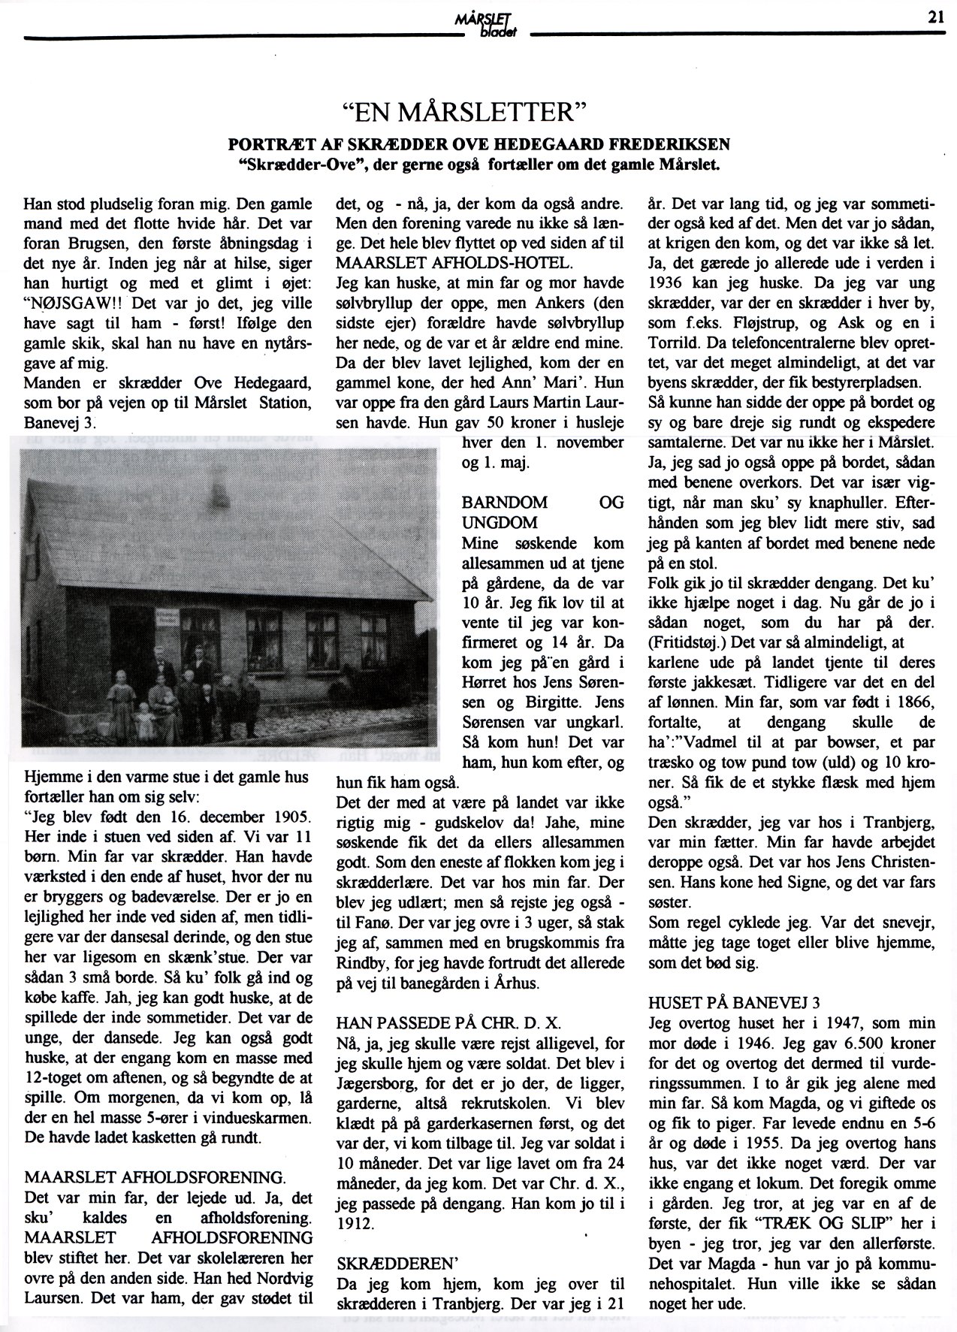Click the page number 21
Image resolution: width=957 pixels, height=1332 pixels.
pos(935,20)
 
